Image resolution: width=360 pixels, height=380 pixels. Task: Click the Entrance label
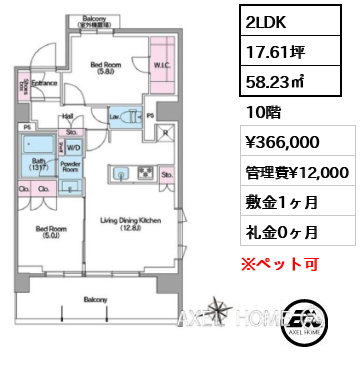point(43,83)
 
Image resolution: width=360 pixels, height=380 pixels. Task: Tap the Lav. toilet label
point(116,117)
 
